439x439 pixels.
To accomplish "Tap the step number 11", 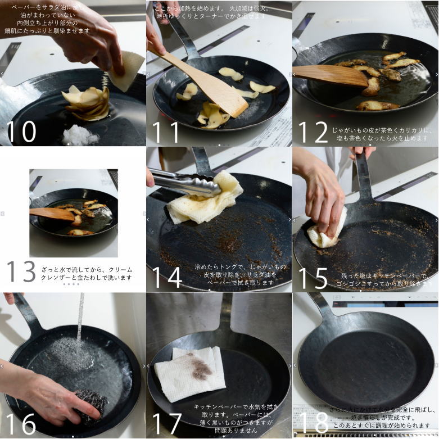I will [x=166, y=131].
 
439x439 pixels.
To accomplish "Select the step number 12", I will [x=313, y=131].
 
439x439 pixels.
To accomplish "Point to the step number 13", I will [x=21, y=272].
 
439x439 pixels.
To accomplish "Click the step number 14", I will [x=167, y=277].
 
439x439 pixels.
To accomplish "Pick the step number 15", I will [x=313, y=277].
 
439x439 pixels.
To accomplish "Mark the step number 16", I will [x=21, y=423].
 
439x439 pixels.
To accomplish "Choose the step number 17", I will [x=167, y=423].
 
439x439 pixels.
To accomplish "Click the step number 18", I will [x=313, y=423].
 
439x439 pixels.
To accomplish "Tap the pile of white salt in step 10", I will [x=80, y=135].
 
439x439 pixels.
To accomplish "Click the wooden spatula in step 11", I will [x=208, y=84].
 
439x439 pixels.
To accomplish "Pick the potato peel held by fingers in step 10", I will [x=126, y=70].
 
